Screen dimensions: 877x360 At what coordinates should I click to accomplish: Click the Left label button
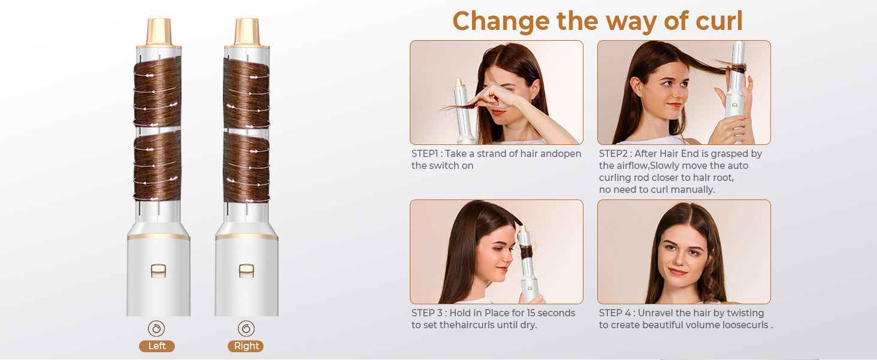click(156, 346)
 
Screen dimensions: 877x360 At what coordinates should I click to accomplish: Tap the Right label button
click(246, 346)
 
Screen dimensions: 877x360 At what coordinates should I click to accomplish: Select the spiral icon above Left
click(156, 329)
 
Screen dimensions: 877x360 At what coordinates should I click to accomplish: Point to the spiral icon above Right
click(246, 329)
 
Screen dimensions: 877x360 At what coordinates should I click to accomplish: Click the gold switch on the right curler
click(246, 271)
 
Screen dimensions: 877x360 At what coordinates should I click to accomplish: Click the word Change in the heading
click(501, 22)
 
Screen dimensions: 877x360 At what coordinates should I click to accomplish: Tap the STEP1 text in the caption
click(425, 154)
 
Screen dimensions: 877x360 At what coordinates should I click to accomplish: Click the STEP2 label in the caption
click(613, 154)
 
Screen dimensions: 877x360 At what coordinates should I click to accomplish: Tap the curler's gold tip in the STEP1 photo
click(459, 83)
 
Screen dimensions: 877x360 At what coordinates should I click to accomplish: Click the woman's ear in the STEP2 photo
click(635, 89)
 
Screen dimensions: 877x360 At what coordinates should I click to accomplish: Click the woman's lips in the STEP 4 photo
click(678, 272)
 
